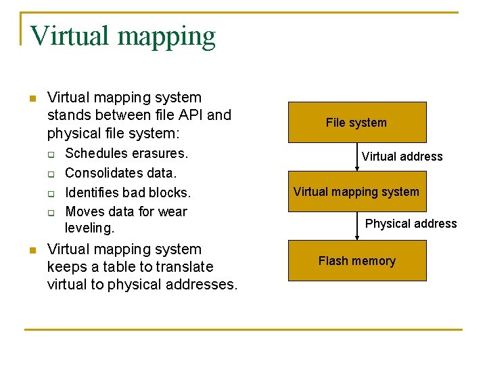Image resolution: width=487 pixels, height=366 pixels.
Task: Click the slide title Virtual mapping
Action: coord(122,36)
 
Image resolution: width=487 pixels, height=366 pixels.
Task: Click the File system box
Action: coord(357,122)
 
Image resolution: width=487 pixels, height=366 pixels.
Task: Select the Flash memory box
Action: coord(357,261)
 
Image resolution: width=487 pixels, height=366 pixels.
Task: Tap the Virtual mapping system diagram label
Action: coord(356,192)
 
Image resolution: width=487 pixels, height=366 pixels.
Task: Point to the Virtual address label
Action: coord(402,157)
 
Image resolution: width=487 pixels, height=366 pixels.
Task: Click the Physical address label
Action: coord(411,224)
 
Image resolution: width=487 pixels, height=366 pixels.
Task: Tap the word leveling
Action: coord(89,228)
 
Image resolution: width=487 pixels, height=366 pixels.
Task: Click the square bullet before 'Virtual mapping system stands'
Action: coord(30,99)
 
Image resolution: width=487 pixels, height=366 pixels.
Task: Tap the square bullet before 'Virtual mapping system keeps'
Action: coord(30,251)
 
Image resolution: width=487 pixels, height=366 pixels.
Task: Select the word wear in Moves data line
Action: coord(172,211)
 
